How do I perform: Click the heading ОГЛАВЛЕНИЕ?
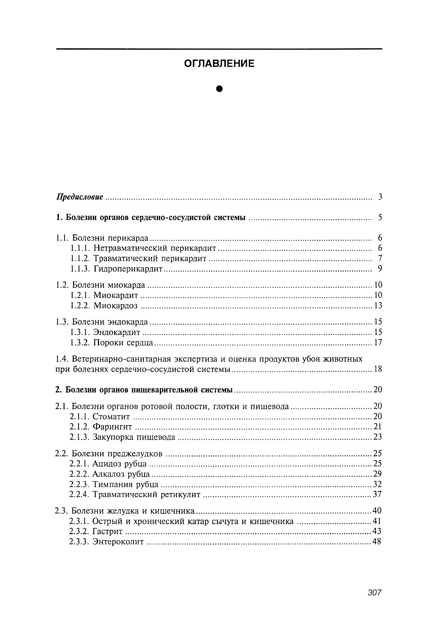click(219, 64)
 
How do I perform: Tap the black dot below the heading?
click(219, 89)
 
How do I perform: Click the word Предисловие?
click(79, 197)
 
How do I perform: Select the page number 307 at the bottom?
click(375, 593)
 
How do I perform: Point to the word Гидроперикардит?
click(128, 269)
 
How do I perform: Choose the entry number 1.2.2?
click(80, 306)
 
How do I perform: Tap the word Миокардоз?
click(115, 306)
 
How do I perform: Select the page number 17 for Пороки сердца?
click(378, 342)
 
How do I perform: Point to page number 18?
click(378, 369)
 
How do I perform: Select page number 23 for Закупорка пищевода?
click(377, 437)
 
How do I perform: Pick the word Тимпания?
click(110, 484)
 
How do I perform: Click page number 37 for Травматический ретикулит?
click(377, 494)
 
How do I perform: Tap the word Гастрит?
click(108, 532)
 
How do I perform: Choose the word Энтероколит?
click(118, 542)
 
